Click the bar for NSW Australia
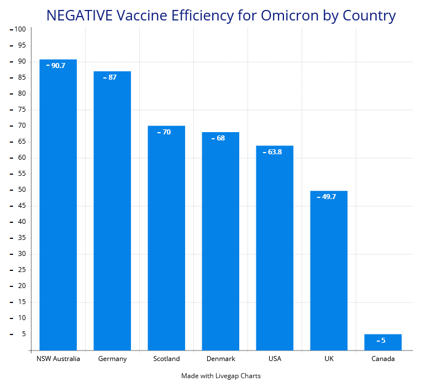tap(58, 205)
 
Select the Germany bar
tap(112, 211)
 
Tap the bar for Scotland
tap(166, 238)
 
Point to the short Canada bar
tap(383, 342)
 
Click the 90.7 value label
tap(57, 65)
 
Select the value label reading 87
tap(112, 77)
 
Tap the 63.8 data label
tap(274, 151)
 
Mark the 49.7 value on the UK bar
tap(328, 196)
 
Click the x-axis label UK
tap(329, 359)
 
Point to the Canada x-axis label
tap(383, 359)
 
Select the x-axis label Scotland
tap(166, 359)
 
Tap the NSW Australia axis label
tap(58, 359)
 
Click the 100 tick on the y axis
tap(20, 29)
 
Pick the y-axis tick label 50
tap(22, 190)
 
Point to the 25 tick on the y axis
tap(22, 270)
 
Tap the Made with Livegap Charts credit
tap(220, 376)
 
